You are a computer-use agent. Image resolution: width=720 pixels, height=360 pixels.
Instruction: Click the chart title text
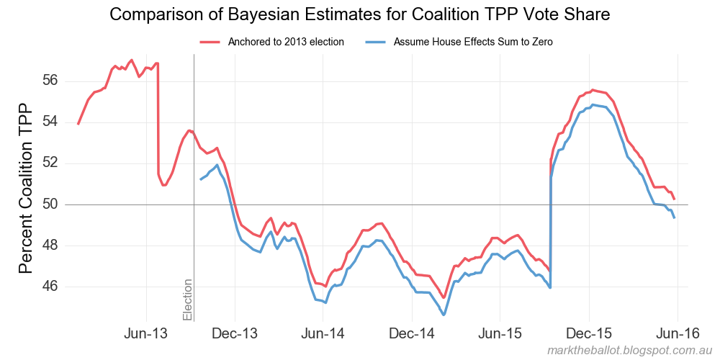tap(360, 14)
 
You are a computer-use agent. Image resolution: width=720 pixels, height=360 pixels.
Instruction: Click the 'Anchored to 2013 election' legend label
tap(286, 42)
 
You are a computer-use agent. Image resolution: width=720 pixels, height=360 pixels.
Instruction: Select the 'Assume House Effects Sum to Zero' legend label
tap(473, 42)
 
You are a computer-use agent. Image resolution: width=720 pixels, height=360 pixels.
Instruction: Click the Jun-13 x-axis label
tap(147, 335)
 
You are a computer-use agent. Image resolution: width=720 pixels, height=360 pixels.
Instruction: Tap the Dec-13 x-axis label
tap(235, 335)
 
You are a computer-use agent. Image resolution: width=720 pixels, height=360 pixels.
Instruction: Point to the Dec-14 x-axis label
tap(413, 335)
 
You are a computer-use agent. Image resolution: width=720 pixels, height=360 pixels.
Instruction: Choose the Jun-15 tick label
tap(500, 335)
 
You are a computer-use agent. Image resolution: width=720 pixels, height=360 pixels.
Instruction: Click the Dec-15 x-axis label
tap(589, 335)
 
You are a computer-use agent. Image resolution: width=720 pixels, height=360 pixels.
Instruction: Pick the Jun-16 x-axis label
tap(678, 335)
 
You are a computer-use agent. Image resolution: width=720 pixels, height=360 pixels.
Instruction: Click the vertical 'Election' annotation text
tap(188, 300)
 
